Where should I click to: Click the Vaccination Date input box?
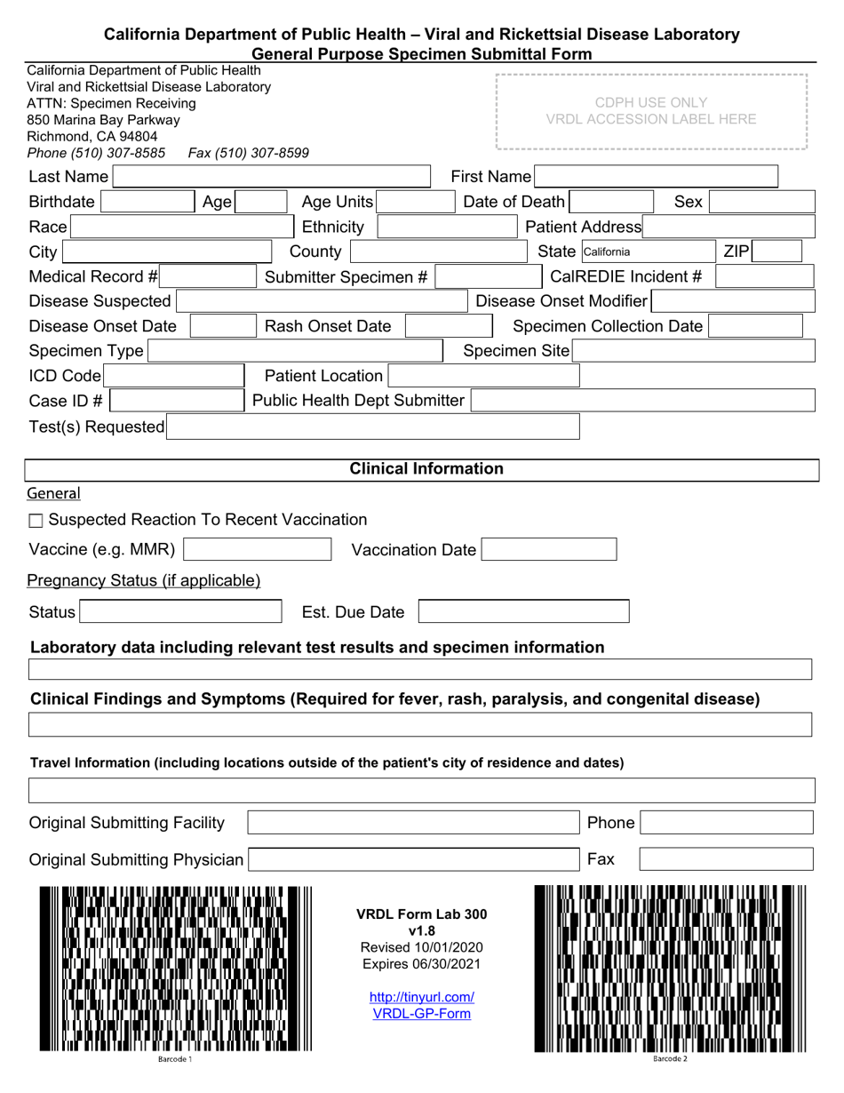pos(549,550)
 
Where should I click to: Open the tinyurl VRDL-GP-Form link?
pos(422,1006)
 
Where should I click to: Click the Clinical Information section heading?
pos(426,469)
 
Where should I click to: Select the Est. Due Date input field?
pos(523,611)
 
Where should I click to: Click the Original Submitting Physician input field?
pos(414,859)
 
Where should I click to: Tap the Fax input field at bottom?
pos(726,859)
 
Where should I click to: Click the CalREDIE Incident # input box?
pos(764,277)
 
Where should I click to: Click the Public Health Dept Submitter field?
pos(642,401)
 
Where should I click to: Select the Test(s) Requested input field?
pos(373,427)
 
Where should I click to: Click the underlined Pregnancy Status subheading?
pos(144,581)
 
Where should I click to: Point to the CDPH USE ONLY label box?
pos(651,111)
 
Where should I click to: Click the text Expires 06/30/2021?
pos(422,964)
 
